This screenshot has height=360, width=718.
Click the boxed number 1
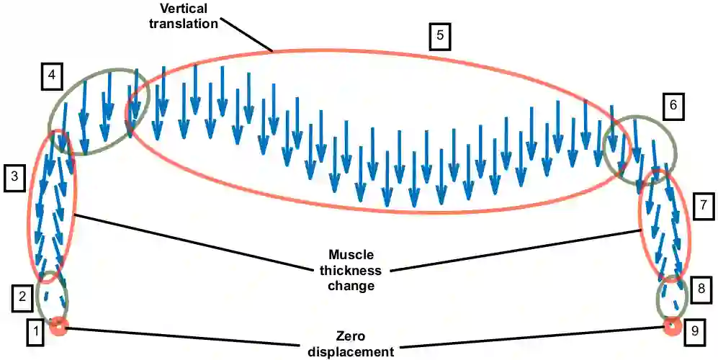click(34, 331)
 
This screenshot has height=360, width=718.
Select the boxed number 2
click(22, 295)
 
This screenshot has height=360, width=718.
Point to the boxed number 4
click(51, 74)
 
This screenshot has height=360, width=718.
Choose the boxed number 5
click(439, 37)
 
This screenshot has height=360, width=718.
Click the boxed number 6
click(673, 107)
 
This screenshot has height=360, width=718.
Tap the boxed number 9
click(694, 330)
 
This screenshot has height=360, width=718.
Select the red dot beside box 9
click(672, 327)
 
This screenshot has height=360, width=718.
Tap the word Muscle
click(351, 255)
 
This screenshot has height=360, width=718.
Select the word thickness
click(351, 270)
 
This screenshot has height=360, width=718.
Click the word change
click(351, 286)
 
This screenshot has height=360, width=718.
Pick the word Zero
click(351, 337)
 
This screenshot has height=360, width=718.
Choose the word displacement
click(351, 351)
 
